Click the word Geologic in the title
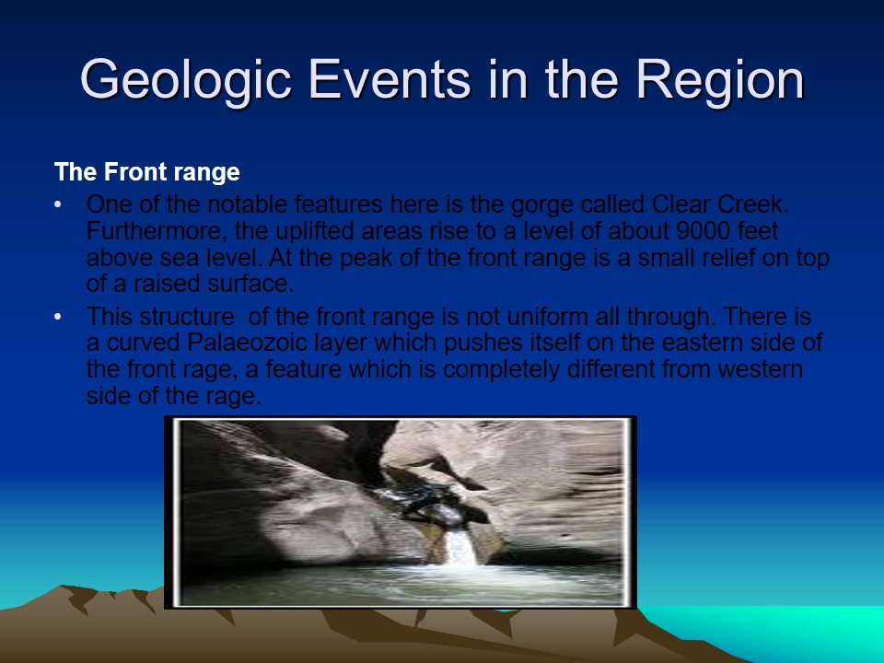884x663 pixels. [x=185, y=81]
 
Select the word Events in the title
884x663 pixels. [x=389, y=79]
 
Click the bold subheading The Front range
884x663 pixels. [x=147, y=172]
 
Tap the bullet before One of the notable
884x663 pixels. [x=57, y=204]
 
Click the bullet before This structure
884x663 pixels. [x=57, y=317]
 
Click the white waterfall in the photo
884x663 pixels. [x=460, y=547]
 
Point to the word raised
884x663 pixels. [x=167, y=284]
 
